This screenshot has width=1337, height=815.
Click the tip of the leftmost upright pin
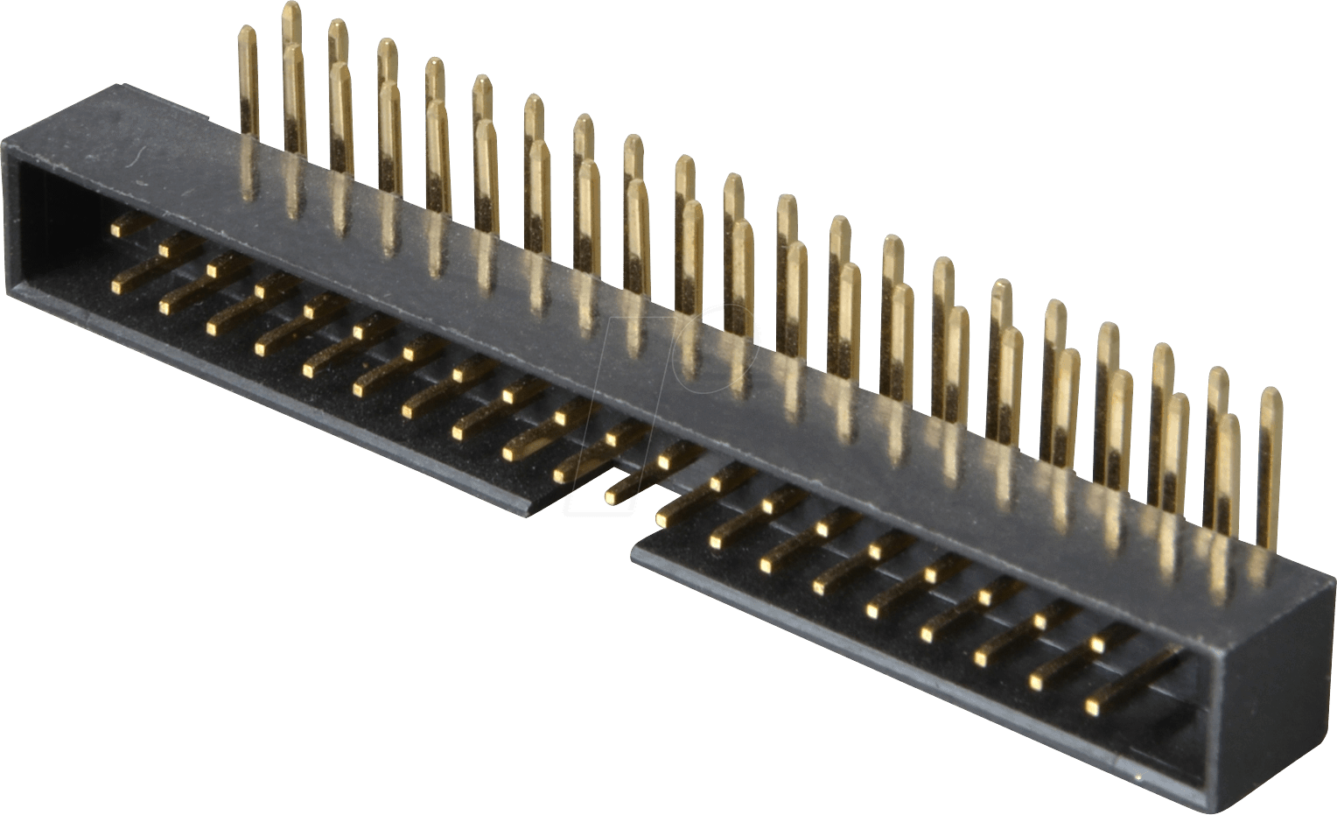pyautogui.click(x=248, y=32)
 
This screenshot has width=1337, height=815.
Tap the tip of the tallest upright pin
pyautogui.click(x=291, y=7)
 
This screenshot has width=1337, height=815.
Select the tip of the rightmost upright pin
pyautogui.click(x=1270, y=393)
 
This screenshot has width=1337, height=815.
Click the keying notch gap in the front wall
pyautogui.click(x=582, y=516)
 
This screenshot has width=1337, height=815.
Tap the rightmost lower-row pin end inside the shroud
pyautogui.click(x=1093, y=704)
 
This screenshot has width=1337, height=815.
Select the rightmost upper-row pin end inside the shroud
pyautogui.click(x=1098, y=644)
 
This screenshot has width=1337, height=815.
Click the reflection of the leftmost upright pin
pyautogui.click(x=248, y=171)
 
